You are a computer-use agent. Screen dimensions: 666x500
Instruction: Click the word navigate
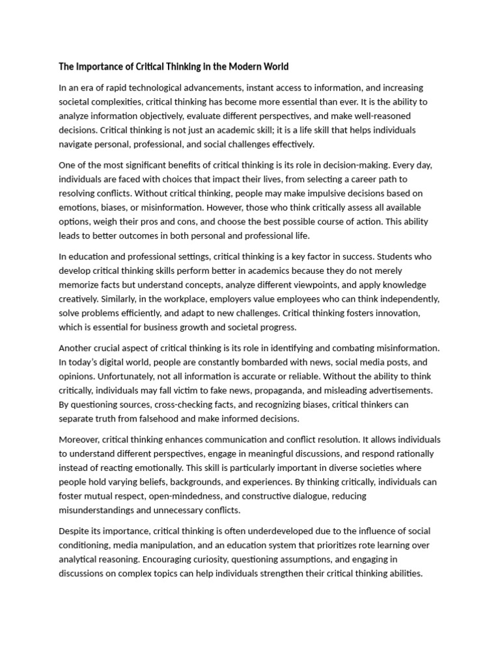pyautogui.click(x=76, y=144)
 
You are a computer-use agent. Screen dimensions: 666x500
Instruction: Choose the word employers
pyautogui.click(x=270, y=299)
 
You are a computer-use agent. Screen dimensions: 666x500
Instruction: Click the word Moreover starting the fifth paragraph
pyautogui.click(x=79, y=439)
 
